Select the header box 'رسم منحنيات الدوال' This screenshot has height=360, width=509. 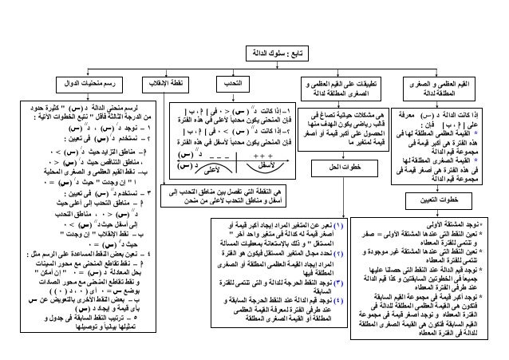point(86,84)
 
